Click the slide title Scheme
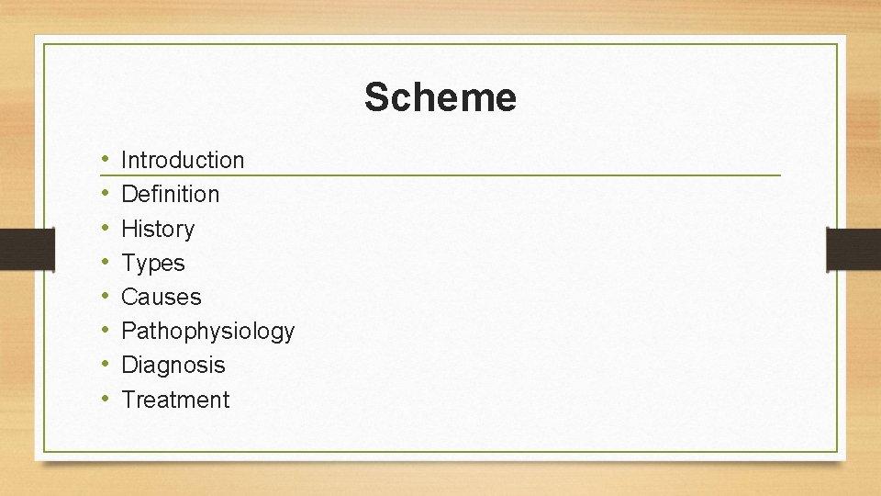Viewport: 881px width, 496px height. (x=440, y=97)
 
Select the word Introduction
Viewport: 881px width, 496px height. (x=183, y=160)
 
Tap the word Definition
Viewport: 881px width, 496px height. (x=170, y=194)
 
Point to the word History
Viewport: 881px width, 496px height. (x=158, y=229)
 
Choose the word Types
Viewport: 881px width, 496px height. (x=152, y=263)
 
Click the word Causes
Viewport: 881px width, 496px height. (x=161, y=297)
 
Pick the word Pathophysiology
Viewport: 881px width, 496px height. (x=207, y=331)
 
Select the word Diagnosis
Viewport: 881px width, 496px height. (x=173, y=365)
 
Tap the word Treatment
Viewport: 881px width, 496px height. (x=175, y=400)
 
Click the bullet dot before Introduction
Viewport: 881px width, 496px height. (x=106, y=160)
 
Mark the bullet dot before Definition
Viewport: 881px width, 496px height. (x=106, y=194)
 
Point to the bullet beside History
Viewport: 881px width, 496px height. (x=106, y=229)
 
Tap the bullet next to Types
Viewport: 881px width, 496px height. (x=106, y=263)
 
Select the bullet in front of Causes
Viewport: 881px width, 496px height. (x=106, y=297)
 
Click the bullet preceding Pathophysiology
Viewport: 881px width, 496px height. (x=106, y=331)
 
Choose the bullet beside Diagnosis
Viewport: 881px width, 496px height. (x=106, y=365)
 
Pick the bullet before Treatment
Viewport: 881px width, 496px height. (x=106, y=400)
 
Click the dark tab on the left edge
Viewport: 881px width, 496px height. (x=27, y=249)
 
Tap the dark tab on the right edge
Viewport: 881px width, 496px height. (x=853, y=249)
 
